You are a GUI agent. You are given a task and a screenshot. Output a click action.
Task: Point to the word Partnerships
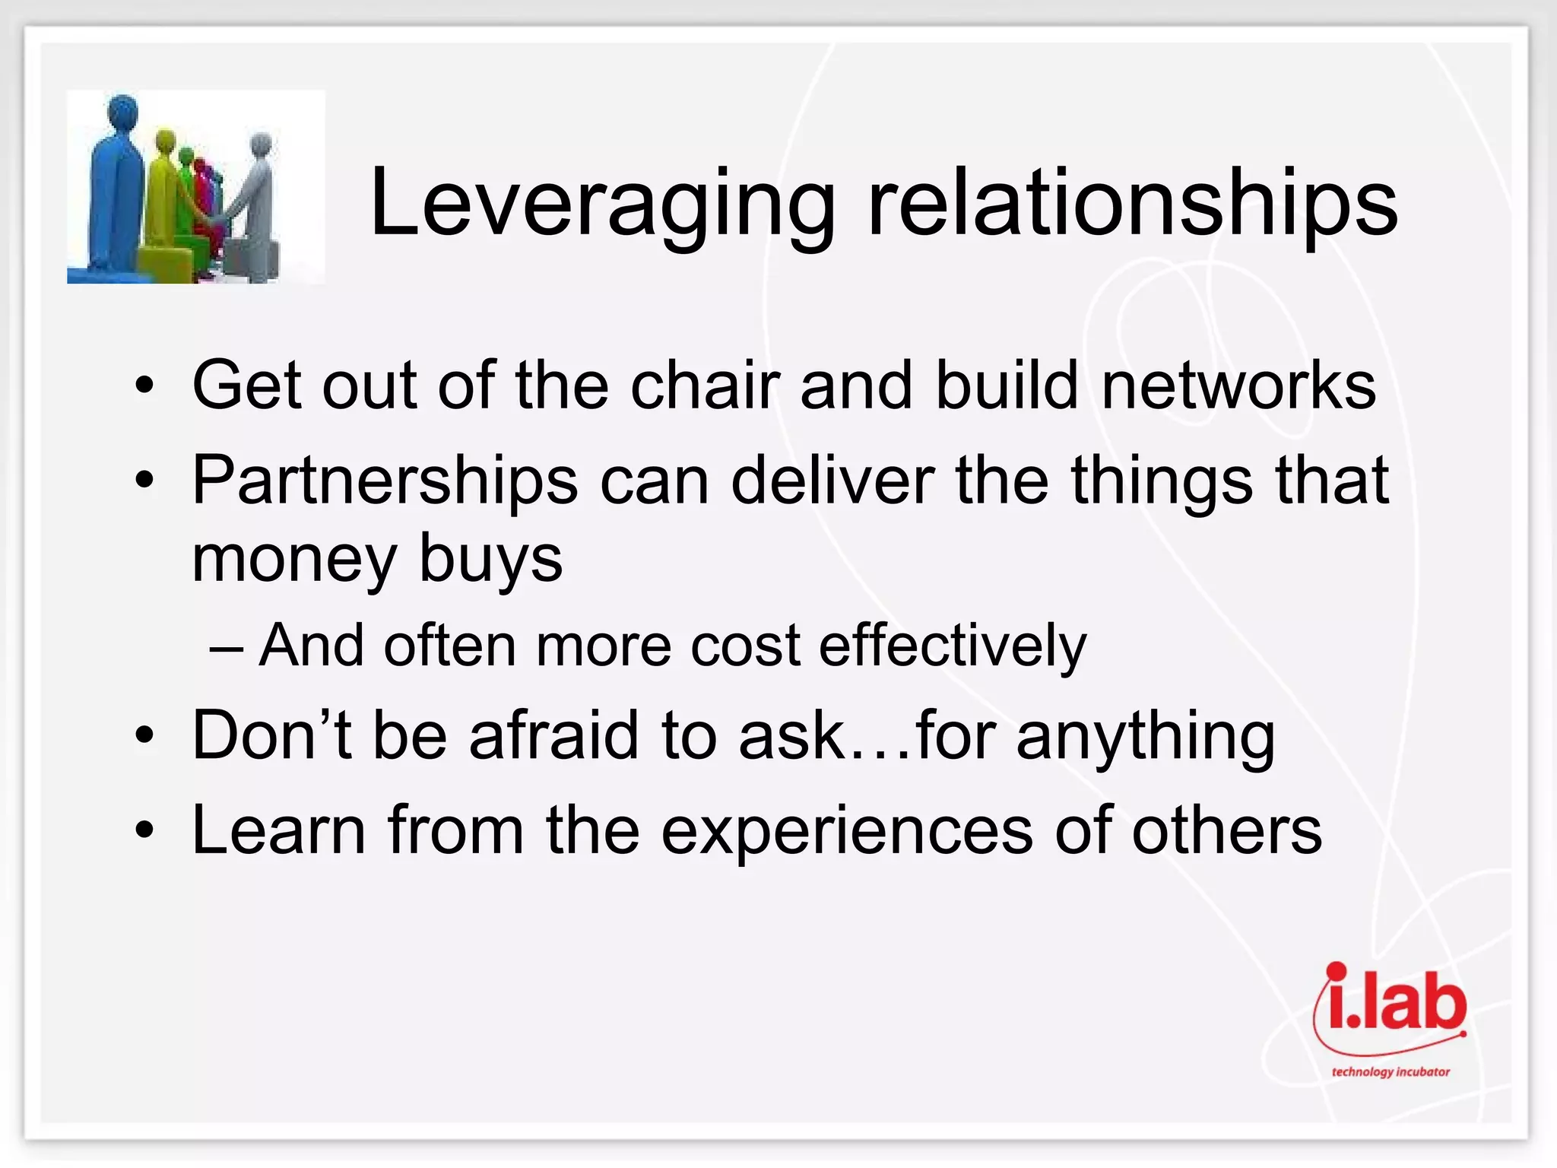click(x=385, y=481)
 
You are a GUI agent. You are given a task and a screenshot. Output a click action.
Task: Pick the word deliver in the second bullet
click(x=832, y=481)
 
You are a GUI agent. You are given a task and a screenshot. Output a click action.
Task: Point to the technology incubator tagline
click(x=1390, y=1072)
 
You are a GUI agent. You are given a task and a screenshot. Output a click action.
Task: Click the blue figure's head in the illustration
click(x=122, y=110)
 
